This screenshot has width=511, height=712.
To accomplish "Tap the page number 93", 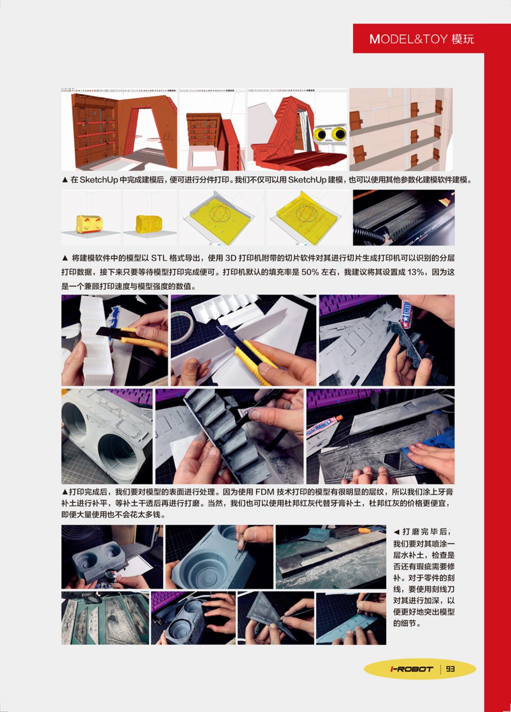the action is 450,669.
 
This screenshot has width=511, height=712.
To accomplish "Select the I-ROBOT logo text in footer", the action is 411,669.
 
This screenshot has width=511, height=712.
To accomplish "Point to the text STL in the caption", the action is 159,258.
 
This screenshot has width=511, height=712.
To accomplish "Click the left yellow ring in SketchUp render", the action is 321,135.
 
